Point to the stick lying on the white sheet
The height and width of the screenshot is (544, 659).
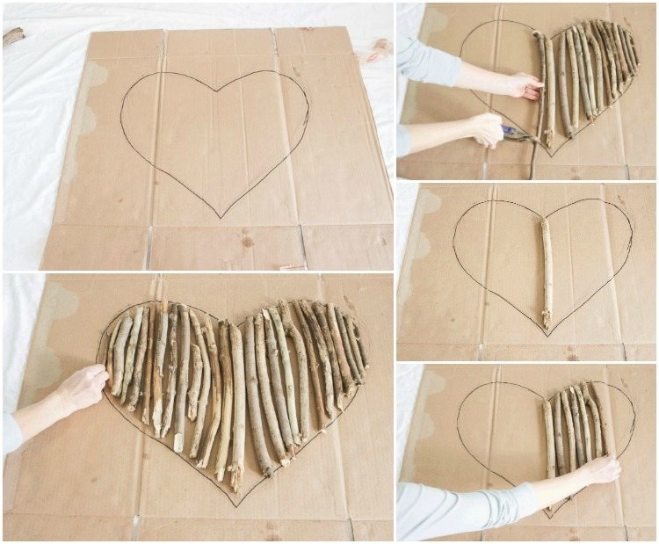pos(13,36)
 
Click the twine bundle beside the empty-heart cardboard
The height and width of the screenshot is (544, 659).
pos(379,49)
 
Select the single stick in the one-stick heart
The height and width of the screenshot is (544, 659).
pos(547,272)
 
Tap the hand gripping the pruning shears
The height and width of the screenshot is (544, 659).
pos(486,129)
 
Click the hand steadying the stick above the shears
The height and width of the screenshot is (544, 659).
pos(524,85)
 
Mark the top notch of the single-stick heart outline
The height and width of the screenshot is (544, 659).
pos(545,217)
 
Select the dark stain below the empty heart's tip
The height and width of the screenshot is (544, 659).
pos(247,240)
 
